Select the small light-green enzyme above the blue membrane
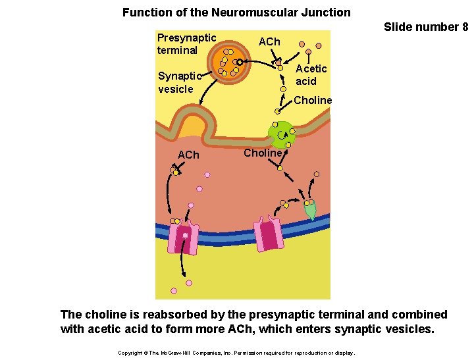pos(310,210)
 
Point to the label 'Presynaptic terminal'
pos(186,44)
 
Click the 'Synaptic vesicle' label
pos(176,82)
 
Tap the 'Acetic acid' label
pos(310,74)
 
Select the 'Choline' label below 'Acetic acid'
pos(313,100)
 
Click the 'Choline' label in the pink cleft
pos(263,153)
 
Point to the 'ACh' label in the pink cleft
pos(188,155)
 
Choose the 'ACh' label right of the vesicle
pos(269,42)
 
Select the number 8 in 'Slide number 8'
pos(465,27)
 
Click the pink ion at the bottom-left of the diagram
pos(174,290)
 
